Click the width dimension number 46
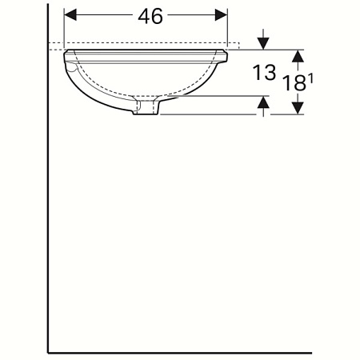click(146, 16)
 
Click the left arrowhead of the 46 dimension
click(69, 15)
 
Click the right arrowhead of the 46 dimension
click(222, 15)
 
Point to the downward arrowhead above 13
click(264, 43)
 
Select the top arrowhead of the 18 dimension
click(298, 55)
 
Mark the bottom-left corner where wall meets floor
click(48, 351)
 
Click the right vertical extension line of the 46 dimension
click(228, 28)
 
